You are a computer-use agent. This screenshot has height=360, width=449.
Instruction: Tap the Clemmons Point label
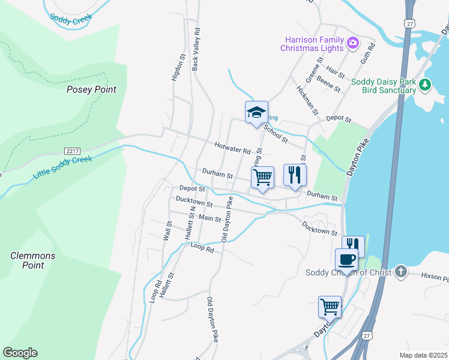click(33, 260)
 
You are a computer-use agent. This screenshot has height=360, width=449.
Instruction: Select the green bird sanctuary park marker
click(425, 84)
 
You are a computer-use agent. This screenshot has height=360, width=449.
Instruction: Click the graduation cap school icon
click(256, 112)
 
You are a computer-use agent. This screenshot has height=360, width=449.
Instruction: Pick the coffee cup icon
click(346, 260)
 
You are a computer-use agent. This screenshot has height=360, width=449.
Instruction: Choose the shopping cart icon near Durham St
click(262, 177)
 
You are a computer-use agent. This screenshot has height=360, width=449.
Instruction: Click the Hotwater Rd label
click(232, 146)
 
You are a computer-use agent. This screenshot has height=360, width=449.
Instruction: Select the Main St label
click(209, 220)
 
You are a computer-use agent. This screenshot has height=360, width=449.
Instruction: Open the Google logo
click(20, 353)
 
